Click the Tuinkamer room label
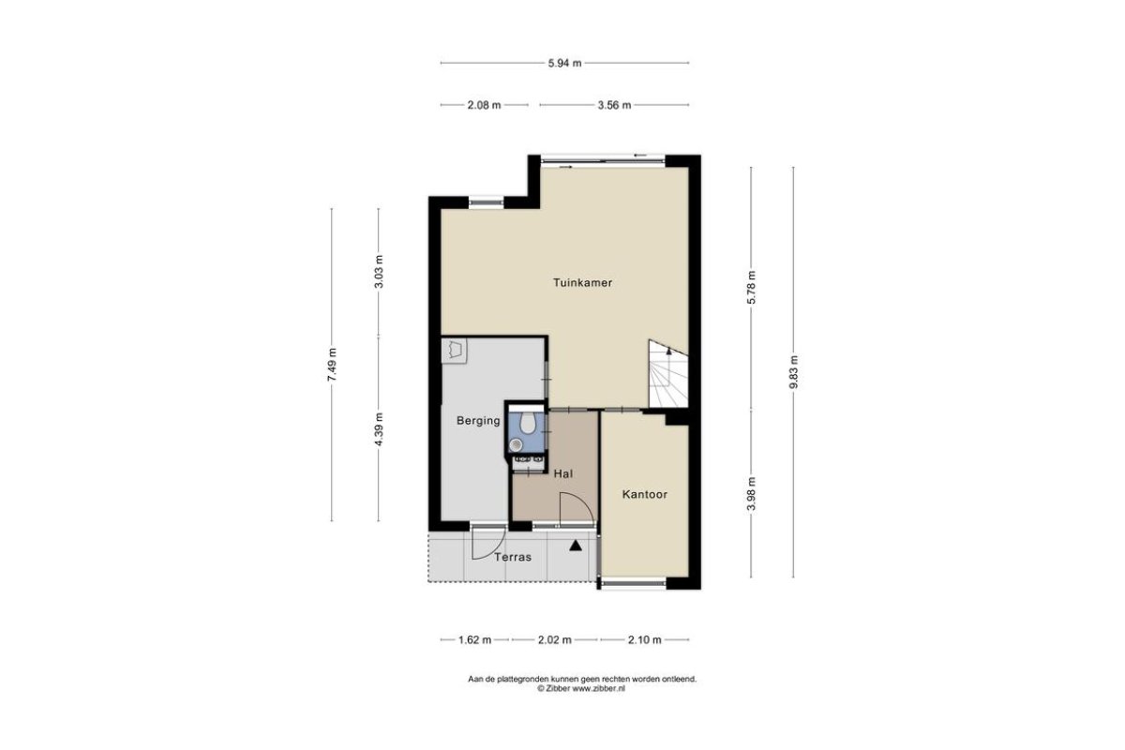[x=582, y=283]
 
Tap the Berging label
[x=478, y=421]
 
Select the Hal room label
[x=563, y=473]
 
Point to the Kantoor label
[x=645, y=494]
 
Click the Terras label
[x=513, y=557]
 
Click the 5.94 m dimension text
[x=564, y=64]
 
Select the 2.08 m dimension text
[x=484, y=106]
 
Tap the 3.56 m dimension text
[x=614, y=106]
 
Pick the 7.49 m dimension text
[x=332, y=365]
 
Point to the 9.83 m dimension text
[x=793, y=372]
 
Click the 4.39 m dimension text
[x=379, y=429]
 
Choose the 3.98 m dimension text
[x=751, y=493]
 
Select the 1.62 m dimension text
[x=474, y=640]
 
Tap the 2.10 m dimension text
[x=645, y=640]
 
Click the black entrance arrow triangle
[x=576, y=546]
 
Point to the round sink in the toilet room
[x=516, y=444]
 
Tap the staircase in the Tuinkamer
[x=667, y=374]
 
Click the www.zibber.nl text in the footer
[x=599, y=689]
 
